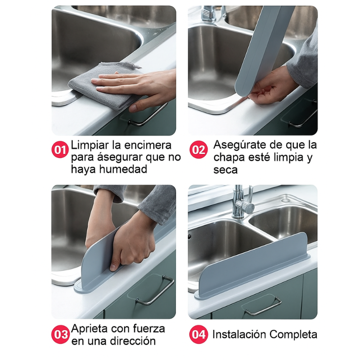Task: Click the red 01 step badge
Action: (x=60, y=149)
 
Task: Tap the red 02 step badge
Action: (x=198, y=150)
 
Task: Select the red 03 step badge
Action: (x=60, y=335)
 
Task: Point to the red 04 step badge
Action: (x=198, y=335)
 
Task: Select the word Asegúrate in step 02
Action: (x=239, y=145)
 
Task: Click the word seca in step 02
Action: (x=225, y=170)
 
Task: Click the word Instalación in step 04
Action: (x=239, y=335)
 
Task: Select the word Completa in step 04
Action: (x=293, y=335)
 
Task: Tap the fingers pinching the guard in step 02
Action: (x=265, y=90)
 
